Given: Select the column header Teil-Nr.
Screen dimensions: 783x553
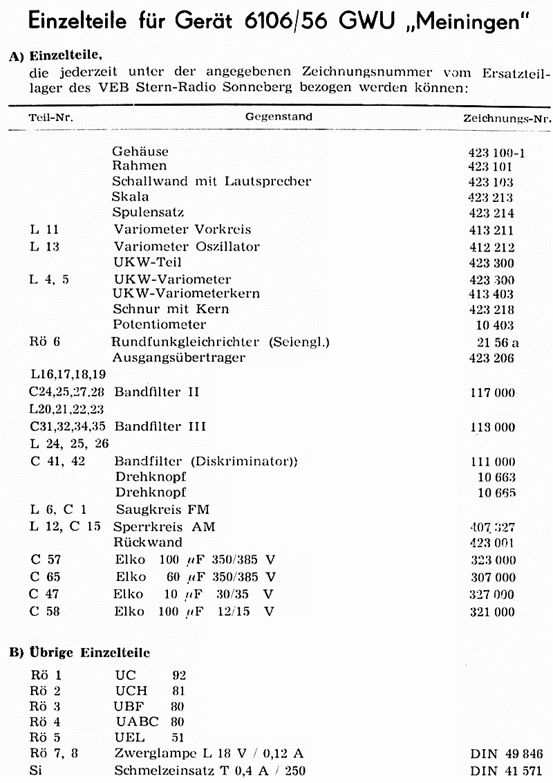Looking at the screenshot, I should click(x=51, y=117).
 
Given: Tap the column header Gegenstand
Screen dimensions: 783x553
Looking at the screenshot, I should click(x=279, y=116).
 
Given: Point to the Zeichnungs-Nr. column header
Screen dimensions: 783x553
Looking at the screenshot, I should click(x=507, y=118).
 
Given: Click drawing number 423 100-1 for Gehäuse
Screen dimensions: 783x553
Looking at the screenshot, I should click(x=496, y=152).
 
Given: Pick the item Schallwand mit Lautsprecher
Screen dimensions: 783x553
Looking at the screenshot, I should click(x=212, y=181).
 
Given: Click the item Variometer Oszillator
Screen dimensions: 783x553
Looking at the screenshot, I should click(x=187, y=246).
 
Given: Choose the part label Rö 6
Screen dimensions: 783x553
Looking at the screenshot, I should click(x=45, y=341).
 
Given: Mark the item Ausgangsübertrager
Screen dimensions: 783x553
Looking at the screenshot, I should click(x=179, y=358).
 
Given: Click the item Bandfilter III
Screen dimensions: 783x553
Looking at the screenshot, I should click(x=160, y=426).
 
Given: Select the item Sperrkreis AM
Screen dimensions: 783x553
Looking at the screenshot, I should click(x=165, y=527).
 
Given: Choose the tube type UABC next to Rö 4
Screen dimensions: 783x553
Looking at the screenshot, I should click(x=137, y=721).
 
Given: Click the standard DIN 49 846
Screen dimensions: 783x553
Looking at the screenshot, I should click(x=507, y=754).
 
